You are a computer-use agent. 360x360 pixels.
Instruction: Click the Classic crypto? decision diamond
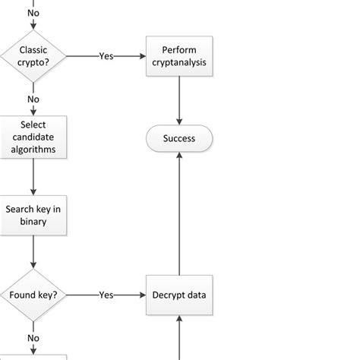33,55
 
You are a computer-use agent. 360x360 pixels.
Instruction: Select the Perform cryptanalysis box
179,55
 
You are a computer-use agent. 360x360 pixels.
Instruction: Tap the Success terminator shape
179,138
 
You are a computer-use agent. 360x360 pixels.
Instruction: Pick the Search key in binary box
33,215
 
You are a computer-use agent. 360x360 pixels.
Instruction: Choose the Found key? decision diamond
33,295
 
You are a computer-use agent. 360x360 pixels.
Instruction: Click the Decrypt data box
179,295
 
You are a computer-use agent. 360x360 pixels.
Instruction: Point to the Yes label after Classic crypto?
106,55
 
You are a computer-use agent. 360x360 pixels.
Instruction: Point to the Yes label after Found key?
106,295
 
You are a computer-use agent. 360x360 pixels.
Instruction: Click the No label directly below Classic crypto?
33,99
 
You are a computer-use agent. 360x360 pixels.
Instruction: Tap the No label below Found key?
33,338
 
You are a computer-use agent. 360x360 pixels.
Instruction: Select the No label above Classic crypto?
33,13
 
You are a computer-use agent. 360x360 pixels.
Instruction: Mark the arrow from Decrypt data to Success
179,213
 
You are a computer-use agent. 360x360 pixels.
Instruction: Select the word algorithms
33,149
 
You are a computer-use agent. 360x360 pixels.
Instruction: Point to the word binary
33,221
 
